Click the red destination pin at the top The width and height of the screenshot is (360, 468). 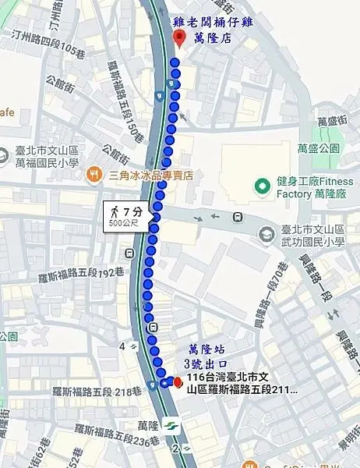(178, 38)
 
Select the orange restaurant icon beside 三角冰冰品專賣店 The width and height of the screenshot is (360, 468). (94, 175)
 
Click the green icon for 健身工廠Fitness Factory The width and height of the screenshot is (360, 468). (262, 186)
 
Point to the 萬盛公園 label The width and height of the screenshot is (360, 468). (319, 147)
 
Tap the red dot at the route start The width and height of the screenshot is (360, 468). (178, 381)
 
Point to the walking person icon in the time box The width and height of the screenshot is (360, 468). (115, 211)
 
